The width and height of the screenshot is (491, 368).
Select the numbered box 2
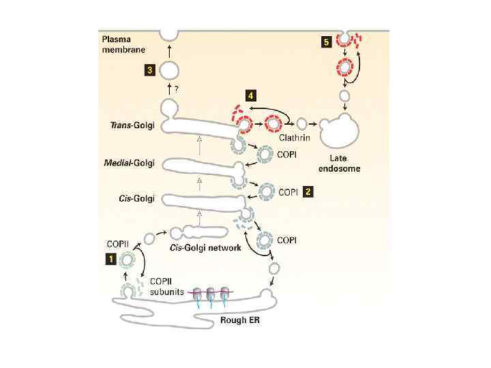coord(308,192)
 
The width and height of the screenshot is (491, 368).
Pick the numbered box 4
coord(252,95)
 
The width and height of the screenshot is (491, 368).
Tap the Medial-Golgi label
coord(132,164)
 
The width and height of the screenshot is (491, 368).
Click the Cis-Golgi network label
coord(205,248)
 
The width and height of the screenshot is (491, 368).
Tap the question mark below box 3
coord(177,89)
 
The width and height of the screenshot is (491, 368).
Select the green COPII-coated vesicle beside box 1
coord(128,260)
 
